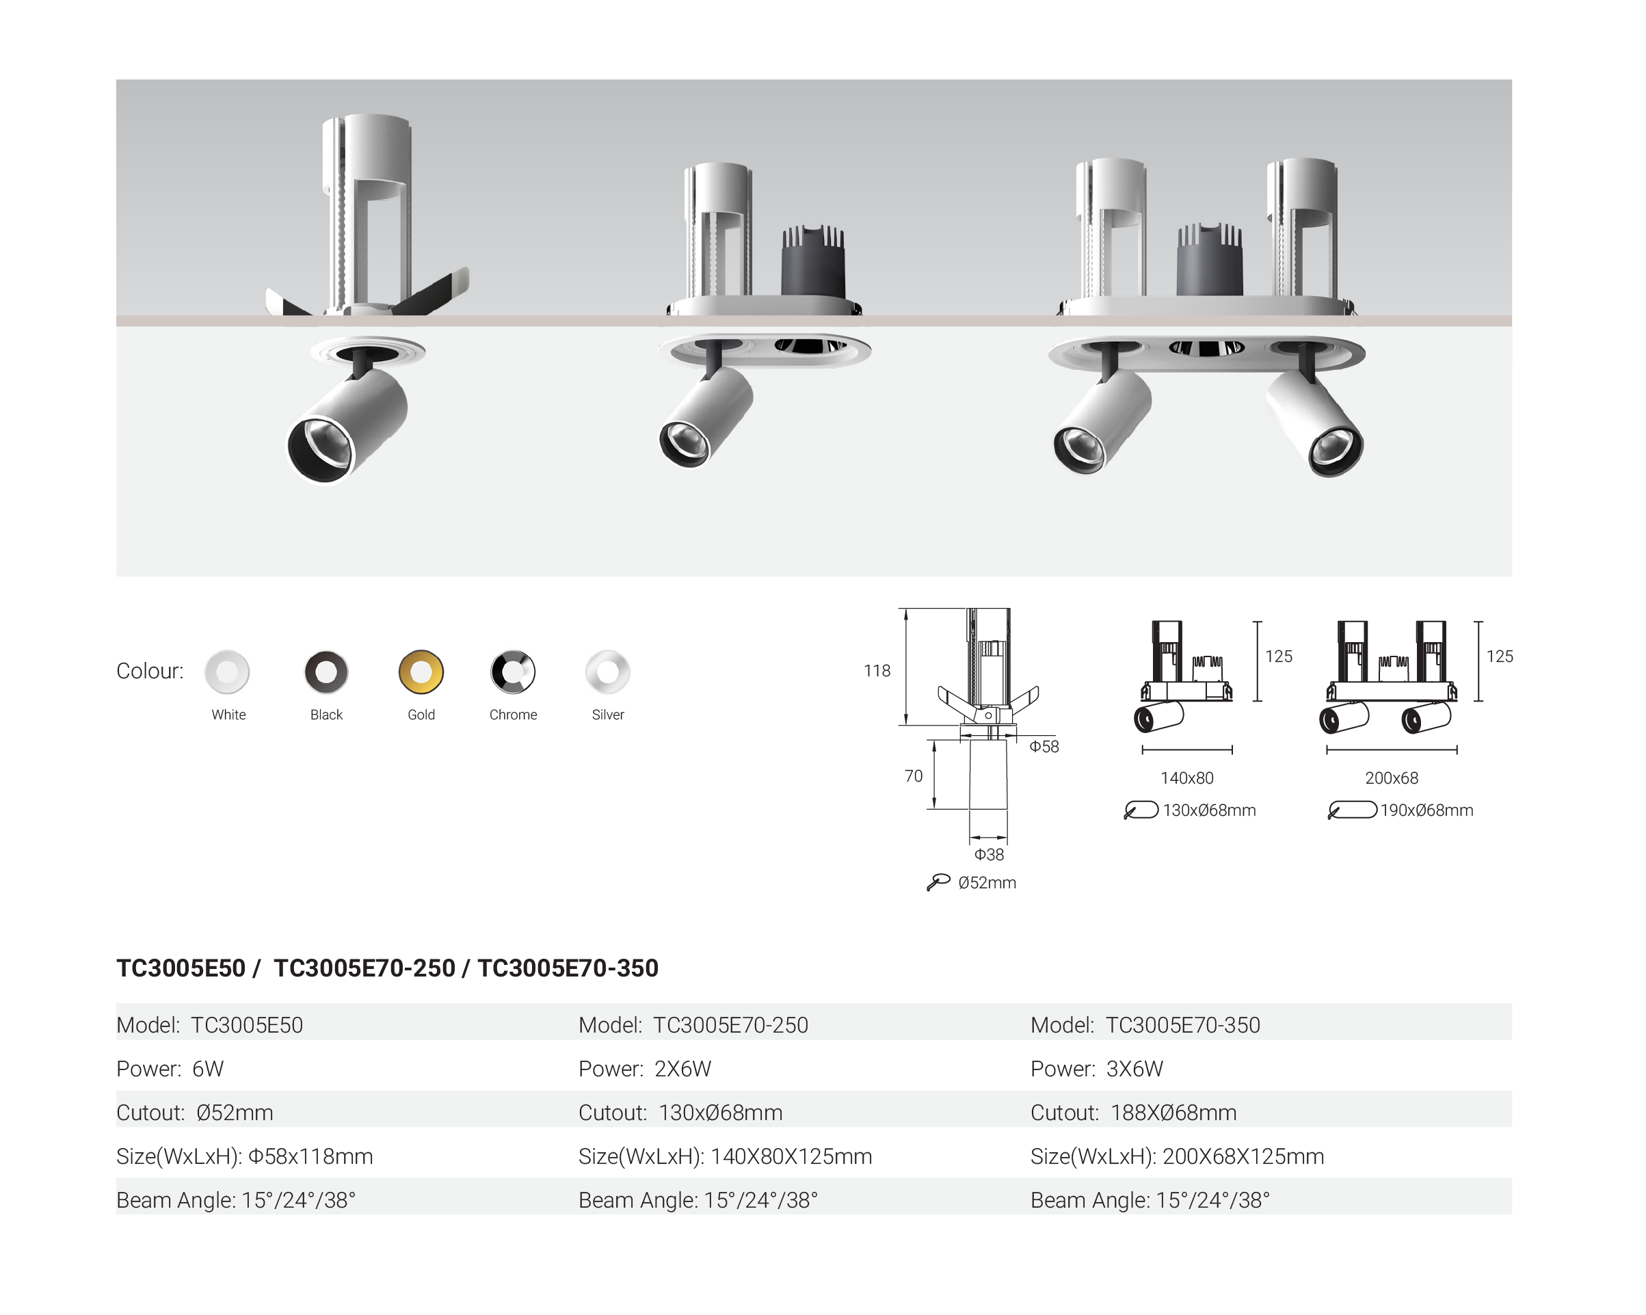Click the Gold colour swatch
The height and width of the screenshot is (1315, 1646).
point(421,672)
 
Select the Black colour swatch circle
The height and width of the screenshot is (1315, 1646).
point(326,672)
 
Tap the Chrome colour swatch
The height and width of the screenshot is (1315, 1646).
point(512,672)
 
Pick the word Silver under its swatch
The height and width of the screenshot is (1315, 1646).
point(608,715)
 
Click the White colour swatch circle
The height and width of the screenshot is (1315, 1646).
point(227,672)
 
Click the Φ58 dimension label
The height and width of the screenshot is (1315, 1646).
point(1044,746)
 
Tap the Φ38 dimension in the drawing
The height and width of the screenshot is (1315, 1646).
point(989,855)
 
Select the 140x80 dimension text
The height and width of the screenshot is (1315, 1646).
point(1186,778)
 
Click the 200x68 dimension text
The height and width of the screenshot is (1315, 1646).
point(1391,778)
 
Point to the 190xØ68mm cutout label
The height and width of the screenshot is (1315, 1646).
point(1426,810)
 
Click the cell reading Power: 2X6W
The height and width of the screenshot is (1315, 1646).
point(644,1068)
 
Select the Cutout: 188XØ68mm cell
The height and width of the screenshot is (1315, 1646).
point(1133,1113)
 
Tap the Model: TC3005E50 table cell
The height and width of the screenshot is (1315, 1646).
point(209,1025)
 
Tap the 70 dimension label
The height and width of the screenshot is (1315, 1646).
point(913,776)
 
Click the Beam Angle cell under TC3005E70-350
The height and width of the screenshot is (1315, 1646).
point(1150,1200)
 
